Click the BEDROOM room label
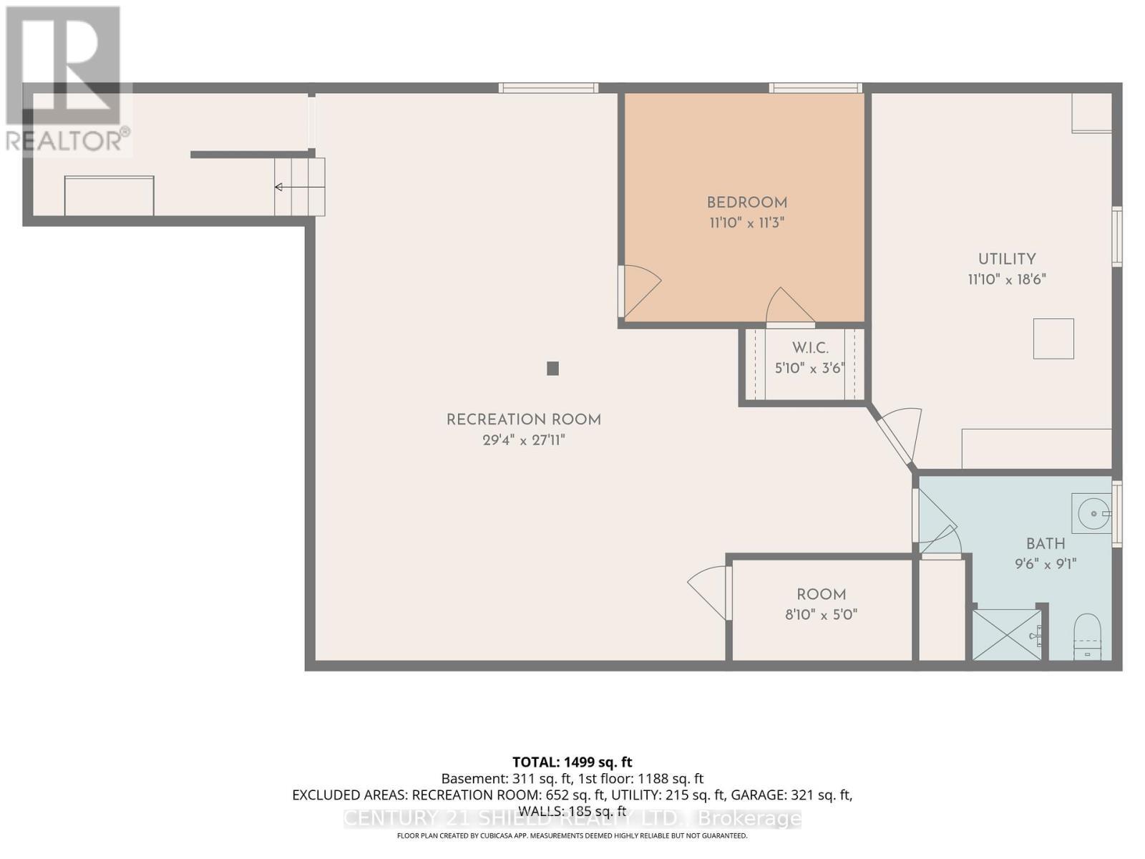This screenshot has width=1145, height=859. (747, 203)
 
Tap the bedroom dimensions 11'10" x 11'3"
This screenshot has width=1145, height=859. (747, 223)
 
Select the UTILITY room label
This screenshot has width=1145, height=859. (1007, 259)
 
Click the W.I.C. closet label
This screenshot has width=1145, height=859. (810, 349)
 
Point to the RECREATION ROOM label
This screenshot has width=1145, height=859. (524, 420)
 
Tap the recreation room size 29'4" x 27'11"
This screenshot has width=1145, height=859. (524, 440)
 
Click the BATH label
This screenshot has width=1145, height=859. (1046, 544)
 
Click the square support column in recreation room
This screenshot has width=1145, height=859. (552, 369)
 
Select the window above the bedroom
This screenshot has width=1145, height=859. (815, 88)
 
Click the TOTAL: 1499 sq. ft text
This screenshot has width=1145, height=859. (572, 762)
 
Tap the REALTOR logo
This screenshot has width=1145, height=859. (66, 79)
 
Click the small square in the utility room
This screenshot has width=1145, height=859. (1053, 339)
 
